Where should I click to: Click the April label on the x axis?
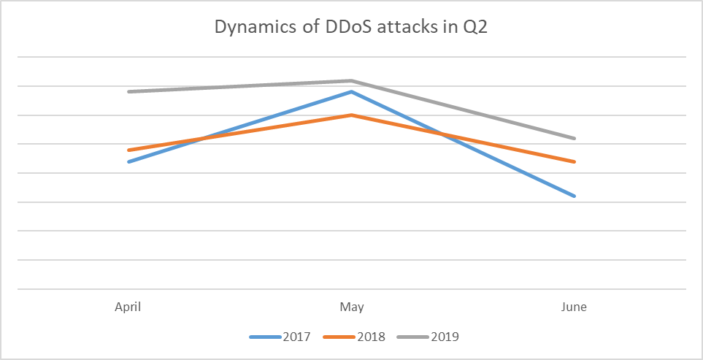point(128,307)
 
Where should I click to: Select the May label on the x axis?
point(352,307)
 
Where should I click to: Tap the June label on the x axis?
point(575,307)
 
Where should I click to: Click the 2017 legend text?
point(296,337)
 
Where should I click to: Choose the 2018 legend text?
point(372,337)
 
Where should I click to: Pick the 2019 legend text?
point(445,337)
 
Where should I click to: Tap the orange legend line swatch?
point(340,337)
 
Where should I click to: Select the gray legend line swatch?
point(414,337)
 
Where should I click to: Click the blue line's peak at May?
point(352,92)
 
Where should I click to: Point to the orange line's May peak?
point(352,115)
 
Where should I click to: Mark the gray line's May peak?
point(352,80)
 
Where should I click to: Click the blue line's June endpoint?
point(575,196)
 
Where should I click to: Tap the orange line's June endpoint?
point(575,161)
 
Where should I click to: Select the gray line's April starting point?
point(128,92)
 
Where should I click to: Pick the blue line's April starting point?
point(128,161)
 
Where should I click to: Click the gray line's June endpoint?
point(575,138)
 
